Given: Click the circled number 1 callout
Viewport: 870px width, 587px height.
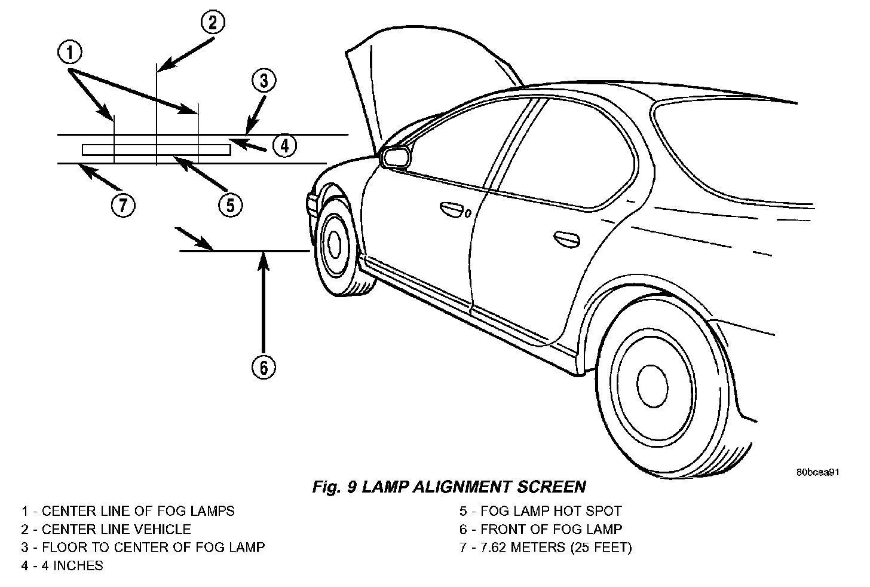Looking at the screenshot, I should pyautogui.click(x=70, y=53).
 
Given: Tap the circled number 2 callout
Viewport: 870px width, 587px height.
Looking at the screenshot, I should pyautogui.click(x=212, y=23).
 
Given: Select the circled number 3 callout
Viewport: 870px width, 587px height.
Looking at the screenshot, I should pyautogui.click(x=263, y=80).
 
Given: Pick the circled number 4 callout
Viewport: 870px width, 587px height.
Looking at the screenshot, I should pyautogui.click(x=285, y=145).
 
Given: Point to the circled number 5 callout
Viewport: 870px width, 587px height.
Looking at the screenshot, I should pyautogui.click(x=230, y=205).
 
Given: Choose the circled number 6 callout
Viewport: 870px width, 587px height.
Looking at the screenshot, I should pyautogui.click(x=264, y=366).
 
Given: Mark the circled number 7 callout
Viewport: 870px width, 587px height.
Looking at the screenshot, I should pyautogui.click(x=122, y=206).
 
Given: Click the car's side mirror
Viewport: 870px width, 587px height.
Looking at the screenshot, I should pyautogui.click(x=396, y=157).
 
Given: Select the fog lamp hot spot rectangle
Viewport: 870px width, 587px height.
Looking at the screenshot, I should pyautogui.click(x=156, y=149).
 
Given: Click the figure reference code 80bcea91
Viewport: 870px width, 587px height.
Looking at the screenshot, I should pyautogui.click(x=818, y=472).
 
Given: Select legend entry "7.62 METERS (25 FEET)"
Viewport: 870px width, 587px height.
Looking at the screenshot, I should pyautogui.click(x=556, y=548).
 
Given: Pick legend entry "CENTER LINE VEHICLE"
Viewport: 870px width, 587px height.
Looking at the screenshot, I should pyautogui.click(x=116, y=530).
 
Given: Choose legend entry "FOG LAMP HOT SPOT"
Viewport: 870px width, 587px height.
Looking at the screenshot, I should pyautogui.click(x=551, y=512).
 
